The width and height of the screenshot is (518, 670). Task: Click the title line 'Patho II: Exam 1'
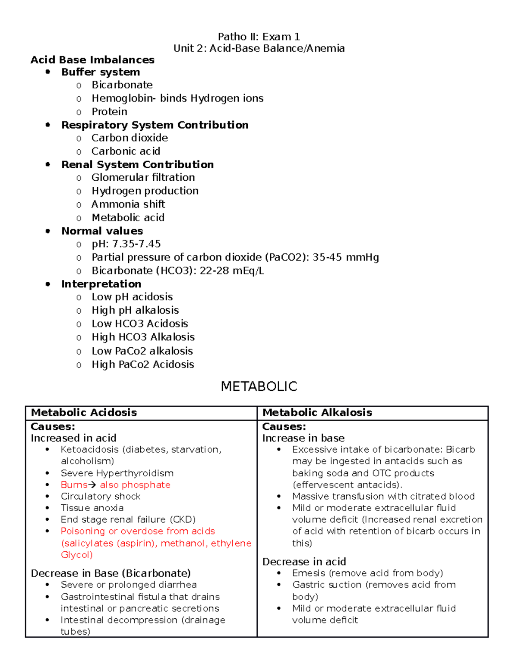(259, 37)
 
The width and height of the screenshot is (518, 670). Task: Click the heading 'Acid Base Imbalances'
(92, 60)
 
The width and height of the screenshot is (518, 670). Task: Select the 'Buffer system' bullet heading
(101, 72)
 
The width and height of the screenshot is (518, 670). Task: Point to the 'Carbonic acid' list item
(126, 151)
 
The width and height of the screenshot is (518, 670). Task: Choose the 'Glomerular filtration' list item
(143, 177)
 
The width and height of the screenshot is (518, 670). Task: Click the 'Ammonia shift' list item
(128, 204)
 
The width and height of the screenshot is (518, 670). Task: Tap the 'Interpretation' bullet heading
(101, 284)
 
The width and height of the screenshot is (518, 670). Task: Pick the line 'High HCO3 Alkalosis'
(143, 337)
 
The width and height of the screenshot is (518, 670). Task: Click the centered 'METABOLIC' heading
(259, 386)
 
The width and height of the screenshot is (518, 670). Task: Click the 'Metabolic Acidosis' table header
(84, 413)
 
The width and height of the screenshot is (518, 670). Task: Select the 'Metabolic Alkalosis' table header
(317, 413)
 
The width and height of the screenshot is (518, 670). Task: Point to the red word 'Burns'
(74, 485)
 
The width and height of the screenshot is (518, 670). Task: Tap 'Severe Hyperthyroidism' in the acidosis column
(117, 473)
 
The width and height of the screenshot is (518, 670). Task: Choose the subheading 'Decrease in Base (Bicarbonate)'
(111, 573)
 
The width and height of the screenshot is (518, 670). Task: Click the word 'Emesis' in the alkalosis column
(308, 573)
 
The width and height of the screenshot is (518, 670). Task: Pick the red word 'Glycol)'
(76, 555)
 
